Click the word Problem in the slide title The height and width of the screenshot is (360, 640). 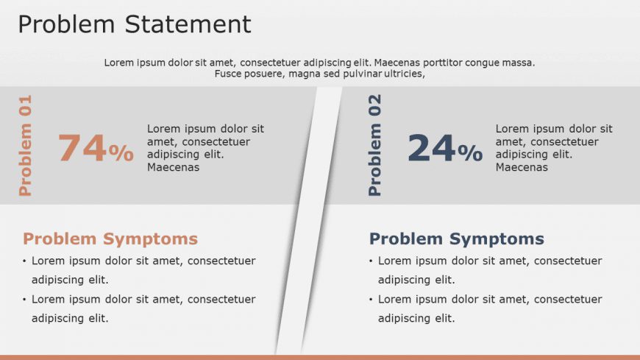point(66,24)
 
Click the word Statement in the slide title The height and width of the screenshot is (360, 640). point(188,24)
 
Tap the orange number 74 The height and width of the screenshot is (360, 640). point(82,147)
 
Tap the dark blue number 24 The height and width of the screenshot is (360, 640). point(431,147)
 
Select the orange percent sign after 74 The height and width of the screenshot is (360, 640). point(121,153)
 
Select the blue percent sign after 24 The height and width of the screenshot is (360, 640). point(470,153)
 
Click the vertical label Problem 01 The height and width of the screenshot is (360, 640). point(25,146)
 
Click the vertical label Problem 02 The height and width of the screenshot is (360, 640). point(374,146)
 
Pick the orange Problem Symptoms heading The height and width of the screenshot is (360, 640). point(110,239)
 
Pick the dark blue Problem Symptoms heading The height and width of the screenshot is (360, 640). point(457,239)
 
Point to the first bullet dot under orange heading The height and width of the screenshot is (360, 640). point(24,261)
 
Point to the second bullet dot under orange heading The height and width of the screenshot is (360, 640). point(24,300)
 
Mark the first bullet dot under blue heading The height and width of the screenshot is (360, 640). point(371,261)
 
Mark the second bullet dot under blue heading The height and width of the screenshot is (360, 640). point(371,300)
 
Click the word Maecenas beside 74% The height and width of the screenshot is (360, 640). point(174,167)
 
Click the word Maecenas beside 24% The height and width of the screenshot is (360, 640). point(522,167)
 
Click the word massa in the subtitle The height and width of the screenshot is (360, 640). point(522,63)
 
